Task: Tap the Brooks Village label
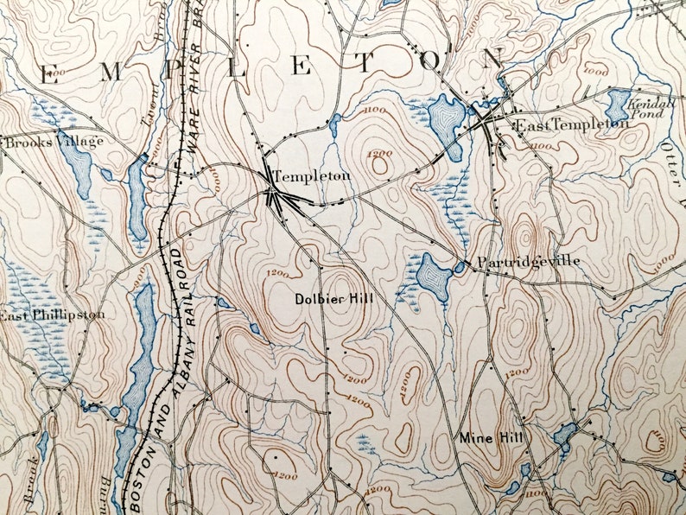[54, 141]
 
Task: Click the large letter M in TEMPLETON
[111, 74]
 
